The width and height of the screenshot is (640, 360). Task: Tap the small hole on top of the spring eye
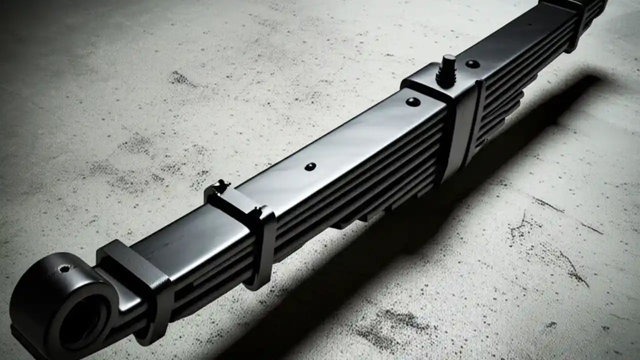click(x=64, y=268)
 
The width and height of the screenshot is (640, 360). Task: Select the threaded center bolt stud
click(x=446, y=69)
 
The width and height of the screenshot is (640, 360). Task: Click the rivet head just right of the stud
click(x=472, y=63)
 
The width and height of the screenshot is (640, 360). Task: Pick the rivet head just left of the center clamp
click(x=413, y=101)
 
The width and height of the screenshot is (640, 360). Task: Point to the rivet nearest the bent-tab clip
click(x=310, y=166)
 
